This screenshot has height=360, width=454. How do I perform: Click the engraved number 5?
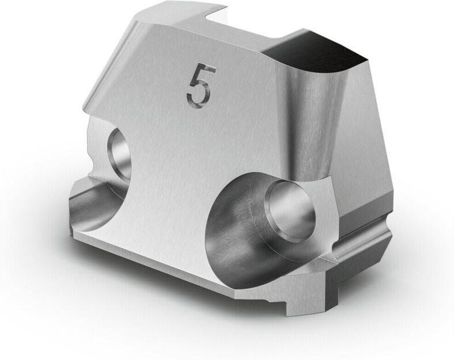201,85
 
